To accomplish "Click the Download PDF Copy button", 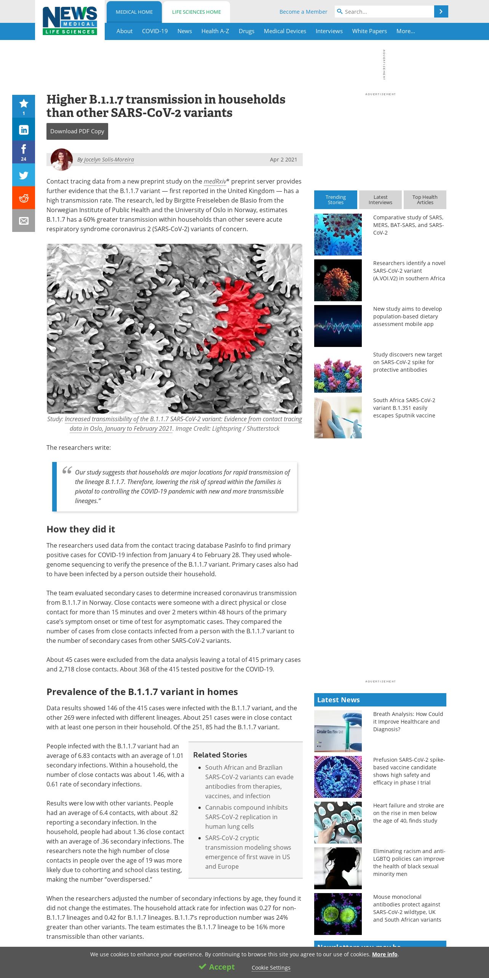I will point(77,131).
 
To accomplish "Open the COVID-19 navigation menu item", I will point(155,31).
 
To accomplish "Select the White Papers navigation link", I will point(369,31).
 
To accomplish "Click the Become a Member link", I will point(303,12).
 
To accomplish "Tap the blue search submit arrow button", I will point(441,12).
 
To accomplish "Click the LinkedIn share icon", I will point(24,129).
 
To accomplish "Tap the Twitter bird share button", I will point(24,175).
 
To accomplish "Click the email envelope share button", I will point(24,221).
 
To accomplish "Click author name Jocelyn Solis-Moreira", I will point(109,160).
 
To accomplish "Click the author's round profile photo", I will point(62,159).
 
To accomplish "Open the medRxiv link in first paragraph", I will point(215,182).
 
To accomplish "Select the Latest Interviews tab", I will point(380,200).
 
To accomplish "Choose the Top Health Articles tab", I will point(425,200).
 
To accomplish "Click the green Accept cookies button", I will point(217,967).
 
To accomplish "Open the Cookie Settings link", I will point(271,968).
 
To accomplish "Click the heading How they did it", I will point(81,529).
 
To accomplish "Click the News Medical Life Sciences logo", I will point(70,21).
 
